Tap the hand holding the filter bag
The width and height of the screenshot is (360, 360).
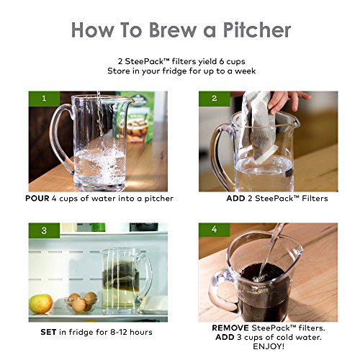coord(288,99)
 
